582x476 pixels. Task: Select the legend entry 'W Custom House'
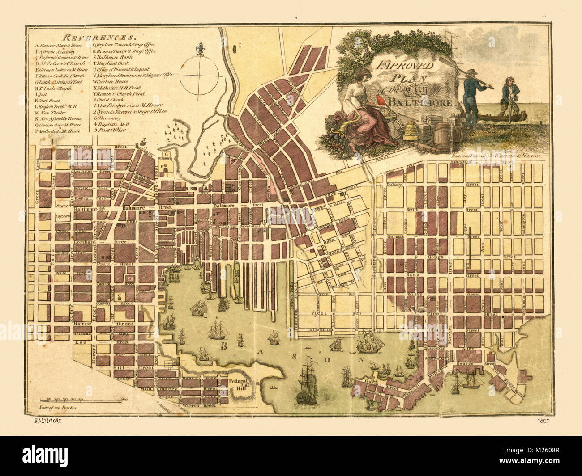[111, 82]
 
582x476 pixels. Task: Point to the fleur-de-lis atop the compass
[200, 48]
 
